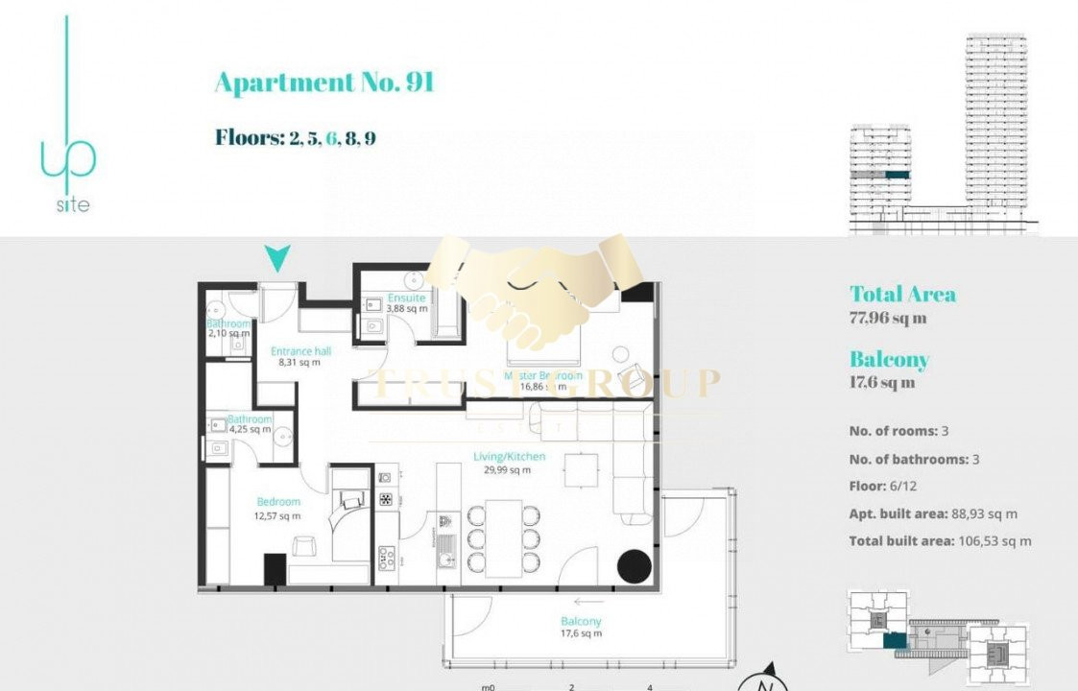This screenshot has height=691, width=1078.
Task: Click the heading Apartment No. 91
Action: [x=323, y=83]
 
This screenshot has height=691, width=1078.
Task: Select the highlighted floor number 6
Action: [x=332, y=138]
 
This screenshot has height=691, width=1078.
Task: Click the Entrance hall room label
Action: [x=300, y=351]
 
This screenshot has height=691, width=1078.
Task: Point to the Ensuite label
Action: [x=406, y=298]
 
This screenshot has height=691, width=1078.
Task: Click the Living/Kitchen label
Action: [x=509, y=457]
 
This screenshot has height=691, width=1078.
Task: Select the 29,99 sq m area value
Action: [x=508, y=470]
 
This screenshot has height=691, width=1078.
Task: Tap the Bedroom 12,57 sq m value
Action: [x=278, y=515]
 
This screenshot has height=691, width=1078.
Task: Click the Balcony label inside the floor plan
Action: [x=582, y=621]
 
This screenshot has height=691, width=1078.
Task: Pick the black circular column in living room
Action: [x=635, y=566]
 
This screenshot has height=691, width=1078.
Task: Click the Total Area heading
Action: [x=902, y=295]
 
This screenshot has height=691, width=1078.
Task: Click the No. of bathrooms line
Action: [x=913, y=460]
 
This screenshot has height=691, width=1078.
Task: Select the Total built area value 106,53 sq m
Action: [x=994, y=541]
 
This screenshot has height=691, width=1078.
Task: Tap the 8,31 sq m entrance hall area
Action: [x=299, y=364]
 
